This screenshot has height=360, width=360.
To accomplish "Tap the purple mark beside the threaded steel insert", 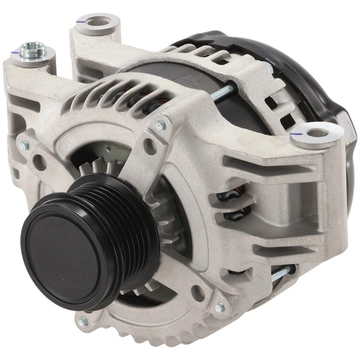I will coord(14,54).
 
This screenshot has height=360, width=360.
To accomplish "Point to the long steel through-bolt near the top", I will coord(225,92).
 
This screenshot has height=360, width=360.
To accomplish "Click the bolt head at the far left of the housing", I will coord(25,145).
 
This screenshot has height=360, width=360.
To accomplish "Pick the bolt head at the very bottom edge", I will coord(83,321).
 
